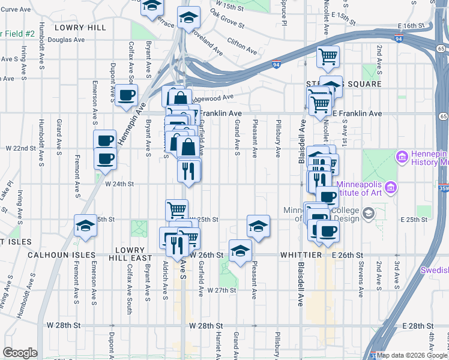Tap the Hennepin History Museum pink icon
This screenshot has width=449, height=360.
coord(402,157)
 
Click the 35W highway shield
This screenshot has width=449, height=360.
coord(444,188)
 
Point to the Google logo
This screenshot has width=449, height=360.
coord(20,353)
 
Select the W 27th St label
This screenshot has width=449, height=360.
coord(221,290)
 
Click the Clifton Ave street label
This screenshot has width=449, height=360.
coord(241,43)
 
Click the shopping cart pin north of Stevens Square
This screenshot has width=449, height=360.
coord(328,58)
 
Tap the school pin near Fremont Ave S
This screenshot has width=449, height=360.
coord(85,226)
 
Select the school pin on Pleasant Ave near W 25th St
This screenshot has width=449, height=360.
coord(258,226)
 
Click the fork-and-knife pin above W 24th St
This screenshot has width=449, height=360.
coord(189,171)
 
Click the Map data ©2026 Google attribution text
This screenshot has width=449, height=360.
coord(412,355)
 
